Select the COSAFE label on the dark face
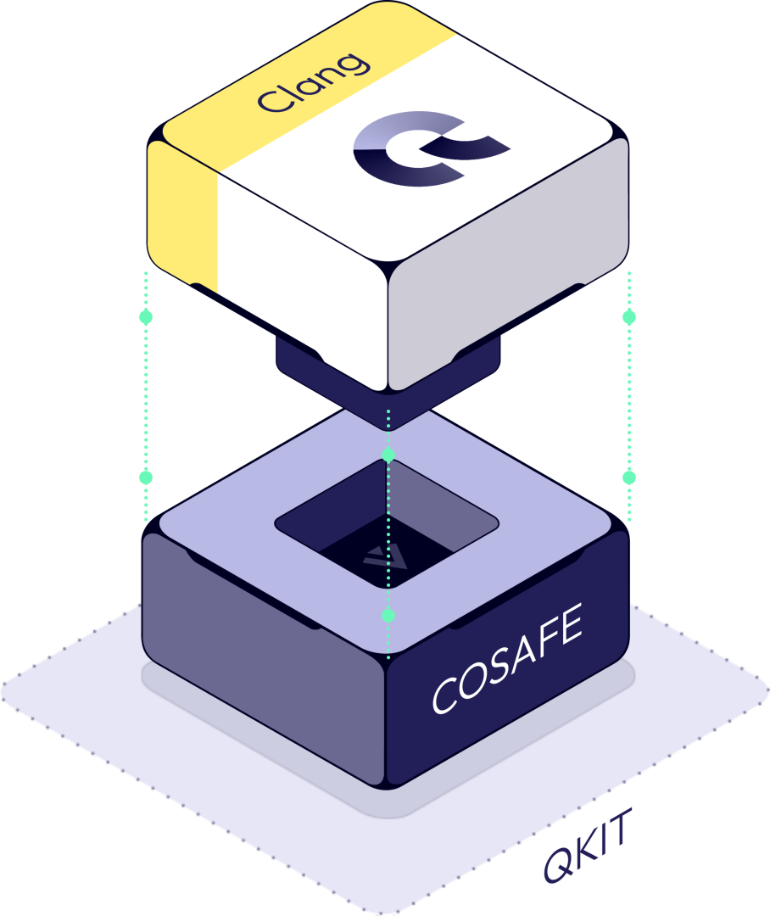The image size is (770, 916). (507, 661)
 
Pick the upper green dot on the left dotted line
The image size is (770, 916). (146, 317)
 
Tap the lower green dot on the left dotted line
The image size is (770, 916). (146, 478)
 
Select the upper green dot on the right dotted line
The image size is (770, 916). (628, 317)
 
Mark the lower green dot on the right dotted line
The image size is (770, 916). (628, 478)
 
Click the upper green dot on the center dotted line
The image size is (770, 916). (388, 455)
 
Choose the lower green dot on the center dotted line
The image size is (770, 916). (388, 614)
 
